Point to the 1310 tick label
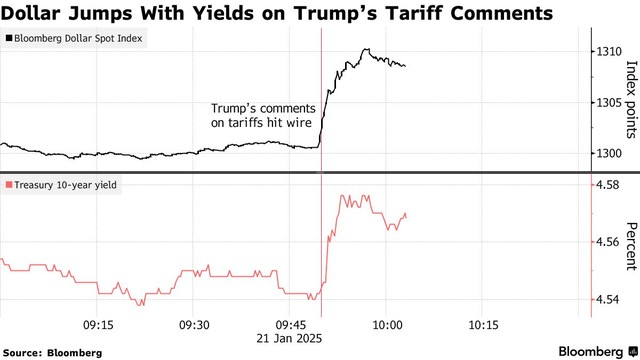(x=608, y=50)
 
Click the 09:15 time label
(x=97, y=324)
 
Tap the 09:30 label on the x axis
(x=193, y=324)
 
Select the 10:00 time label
(x=387, y=324)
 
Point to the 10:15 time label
(x=483, y=324)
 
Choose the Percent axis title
(x=630, y=245)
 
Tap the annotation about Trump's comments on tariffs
(x=262, y=115)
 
